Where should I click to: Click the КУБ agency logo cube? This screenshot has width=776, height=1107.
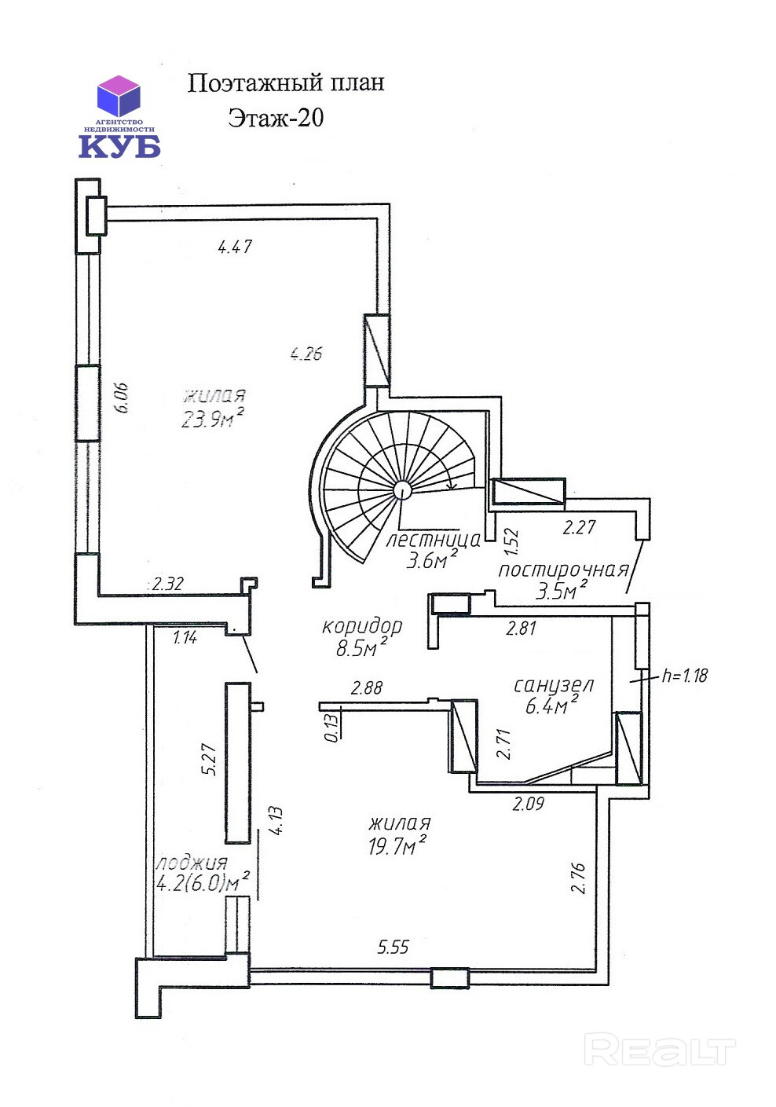point(119,97)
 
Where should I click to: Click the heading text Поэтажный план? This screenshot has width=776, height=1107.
point(285,83)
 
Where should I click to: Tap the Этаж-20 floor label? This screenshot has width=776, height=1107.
point(276,118)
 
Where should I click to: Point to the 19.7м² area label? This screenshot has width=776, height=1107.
point(397,845)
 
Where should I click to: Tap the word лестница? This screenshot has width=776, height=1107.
point(434,540)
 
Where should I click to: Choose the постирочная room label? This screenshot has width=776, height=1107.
point(563,570)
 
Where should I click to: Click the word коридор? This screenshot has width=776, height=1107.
point(362,626)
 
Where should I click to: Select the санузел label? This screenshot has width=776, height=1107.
point(554,685)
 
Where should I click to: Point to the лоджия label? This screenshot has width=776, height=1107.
point(192,863)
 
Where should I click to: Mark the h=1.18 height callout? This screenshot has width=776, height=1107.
point(685,675)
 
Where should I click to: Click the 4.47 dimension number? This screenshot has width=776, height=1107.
point(235,247)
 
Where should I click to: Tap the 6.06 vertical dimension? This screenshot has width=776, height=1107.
point(121,398)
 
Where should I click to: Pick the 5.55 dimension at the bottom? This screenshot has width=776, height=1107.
point(393,947)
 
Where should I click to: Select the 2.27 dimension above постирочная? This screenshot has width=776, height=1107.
point(579,527)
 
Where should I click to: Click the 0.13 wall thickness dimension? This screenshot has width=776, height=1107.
point(331,726)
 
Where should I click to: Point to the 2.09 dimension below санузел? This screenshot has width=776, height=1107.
point(528,804)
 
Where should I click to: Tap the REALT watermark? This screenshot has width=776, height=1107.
point(660,1050)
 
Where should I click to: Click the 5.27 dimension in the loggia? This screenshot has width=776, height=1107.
point(209,759)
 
